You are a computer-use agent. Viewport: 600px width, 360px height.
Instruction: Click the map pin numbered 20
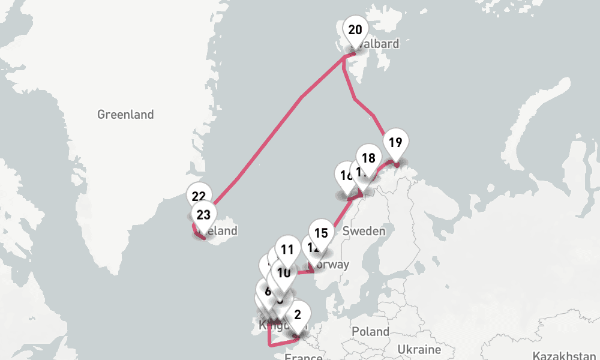pyautogui.click(x=355, y=30)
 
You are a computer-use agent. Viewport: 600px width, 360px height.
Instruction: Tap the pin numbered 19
pyautogui.click(x=395, y=143)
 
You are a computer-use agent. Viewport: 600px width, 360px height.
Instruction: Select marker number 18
pyautogui.click(x=368, y=158)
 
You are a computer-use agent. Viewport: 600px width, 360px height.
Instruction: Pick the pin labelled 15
pyautogui.click(x=321, y=233)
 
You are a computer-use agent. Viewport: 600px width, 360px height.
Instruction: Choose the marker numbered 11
pyautogui.click(x=287, y=250)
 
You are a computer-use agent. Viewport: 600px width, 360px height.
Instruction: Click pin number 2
pyautogui.click(x=298, y=314)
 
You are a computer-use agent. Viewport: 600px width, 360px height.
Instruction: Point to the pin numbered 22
pyautogui.click(x=199, y=196)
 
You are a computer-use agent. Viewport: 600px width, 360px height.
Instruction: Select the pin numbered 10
pyautogui.click(x=284, y=273)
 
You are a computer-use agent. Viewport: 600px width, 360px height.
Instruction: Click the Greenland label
pyautogui.click(x=125, y=114)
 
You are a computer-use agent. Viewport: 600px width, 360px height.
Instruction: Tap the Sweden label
pyautogui.click(x=364, y=231)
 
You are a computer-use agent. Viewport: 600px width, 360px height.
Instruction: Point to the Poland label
pyautogui.click(x=370, y=331)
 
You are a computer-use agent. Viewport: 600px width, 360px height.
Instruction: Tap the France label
pyautogui.click(x=303, y=356)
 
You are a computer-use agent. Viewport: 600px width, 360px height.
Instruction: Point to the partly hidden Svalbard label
pyautogui.click(x=382, y=44)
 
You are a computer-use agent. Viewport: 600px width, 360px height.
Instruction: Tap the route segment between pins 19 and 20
pyautogui.click(x=364, y=106)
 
